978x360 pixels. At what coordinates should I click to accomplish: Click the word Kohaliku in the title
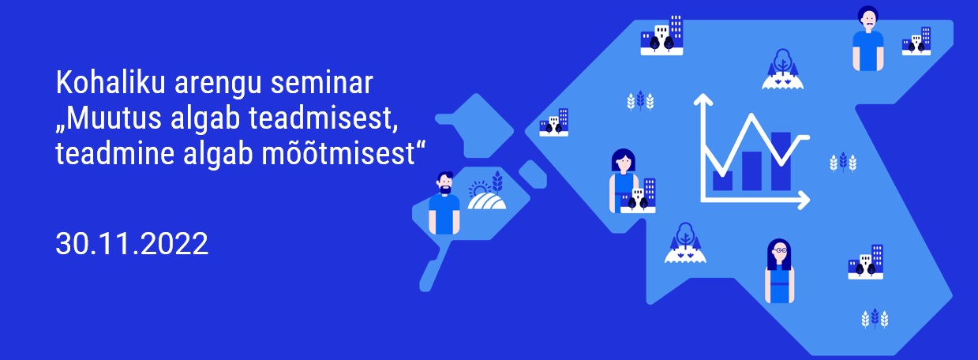click(x=110, y=82)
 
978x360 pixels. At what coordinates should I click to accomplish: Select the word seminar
click(x=321, y=83)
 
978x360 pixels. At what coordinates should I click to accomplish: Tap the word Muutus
click(x=114, y=118)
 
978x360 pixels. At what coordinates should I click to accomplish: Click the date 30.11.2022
click(x=132, y=244)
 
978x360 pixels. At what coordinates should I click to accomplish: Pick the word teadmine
click(x=114, y=153)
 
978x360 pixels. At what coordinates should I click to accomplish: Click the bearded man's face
click(x=445, y=183)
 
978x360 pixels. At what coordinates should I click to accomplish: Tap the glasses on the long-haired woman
click(x=780, y=251)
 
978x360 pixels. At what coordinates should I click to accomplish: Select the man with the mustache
click(x=868, y=39)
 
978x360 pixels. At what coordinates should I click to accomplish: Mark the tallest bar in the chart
click(x=781, y=161)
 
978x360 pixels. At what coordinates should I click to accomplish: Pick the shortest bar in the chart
click(x=722, y=181)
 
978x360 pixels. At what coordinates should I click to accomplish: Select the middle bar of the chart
click(x=751, y=171)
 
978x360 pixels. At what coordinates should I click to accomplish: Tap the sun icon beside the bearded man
click(x=478, y=189)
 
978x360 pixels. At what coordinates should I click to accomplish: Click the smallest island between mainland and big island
click(x=533, y=174)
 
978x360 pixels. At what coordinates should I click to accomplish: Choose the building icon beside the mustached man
click(x=916, y=41)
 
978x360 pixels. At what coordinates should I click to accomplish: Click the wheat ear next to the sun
click(x=497, y=182)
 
